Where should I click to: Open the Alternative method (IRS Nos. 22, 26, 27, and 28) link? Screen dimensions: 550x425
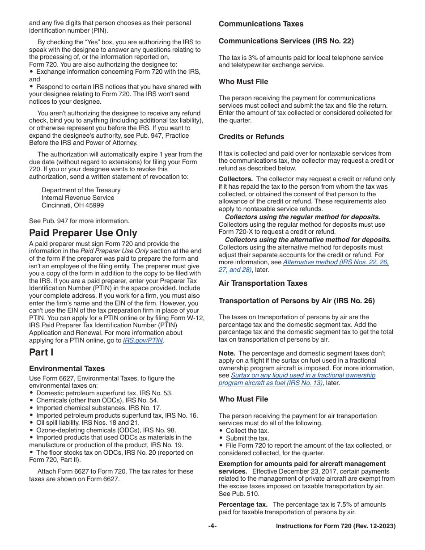pyautogui.click(x=336, y=262)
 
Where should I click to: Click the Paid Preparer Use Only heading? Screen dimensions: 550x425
pyautogui.click(x=83, y=233)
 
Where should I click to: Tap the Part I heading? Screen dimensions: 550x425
pyautogui.click(x=41, y=352)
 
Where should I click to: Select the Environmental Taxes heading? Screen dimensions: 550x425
pyautogui.click(x=67, y=369)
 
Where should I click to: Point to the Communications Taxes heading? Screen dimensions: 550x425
pyautogui.click(x=261, y=24)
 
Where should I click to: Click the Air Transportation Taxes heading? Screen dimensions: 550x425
pyautogui.click(x=263, y=283)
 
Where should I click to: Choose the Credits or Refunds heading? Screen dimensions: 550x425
pyautogui.click(x=251, y=137)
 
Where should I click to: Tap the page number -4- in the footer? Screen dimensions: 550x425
pyautogui.click(x=212, y=526)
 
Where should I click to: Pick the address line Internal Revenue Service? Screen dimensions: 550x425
pyautogui.click(x=78, y=198)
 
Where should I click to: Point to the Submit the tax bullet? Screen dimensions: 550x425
pyautogui.click(x=247, y=438)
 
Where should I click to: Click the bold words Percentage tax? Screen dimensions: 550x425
pyautogui.click(x=243, y=504)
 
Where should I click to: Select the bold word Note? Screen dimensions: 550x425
pyautogui.click(x=227, y=353)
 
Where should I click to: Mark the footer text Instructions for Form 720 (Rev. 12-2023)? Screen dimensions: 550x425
pyautogui.click(x=336, y=526)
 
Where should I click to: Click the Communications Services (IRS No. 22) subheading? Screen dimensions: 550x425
pyautogui.click(x=286, y=41)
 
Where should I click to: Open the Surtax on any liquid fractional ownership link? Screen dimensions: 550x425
pyautogui.click(x=303, y=376)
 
